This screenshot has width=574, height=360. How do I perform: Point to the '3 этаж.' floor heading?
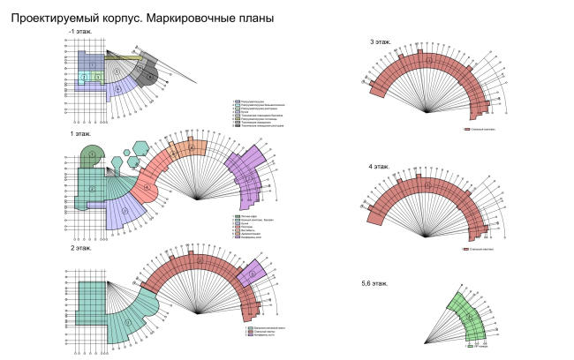[381, 42]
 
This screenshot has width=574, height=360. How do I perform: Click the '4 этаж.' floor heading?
[381, 166]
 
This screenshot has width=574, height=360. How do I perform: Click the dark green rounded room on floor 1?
[91, 158]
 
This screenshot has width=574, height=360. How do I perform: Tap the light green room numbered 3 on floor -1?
[97, 78]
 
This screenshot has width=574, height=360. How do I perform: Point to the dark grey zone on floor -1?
[151, 77]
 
